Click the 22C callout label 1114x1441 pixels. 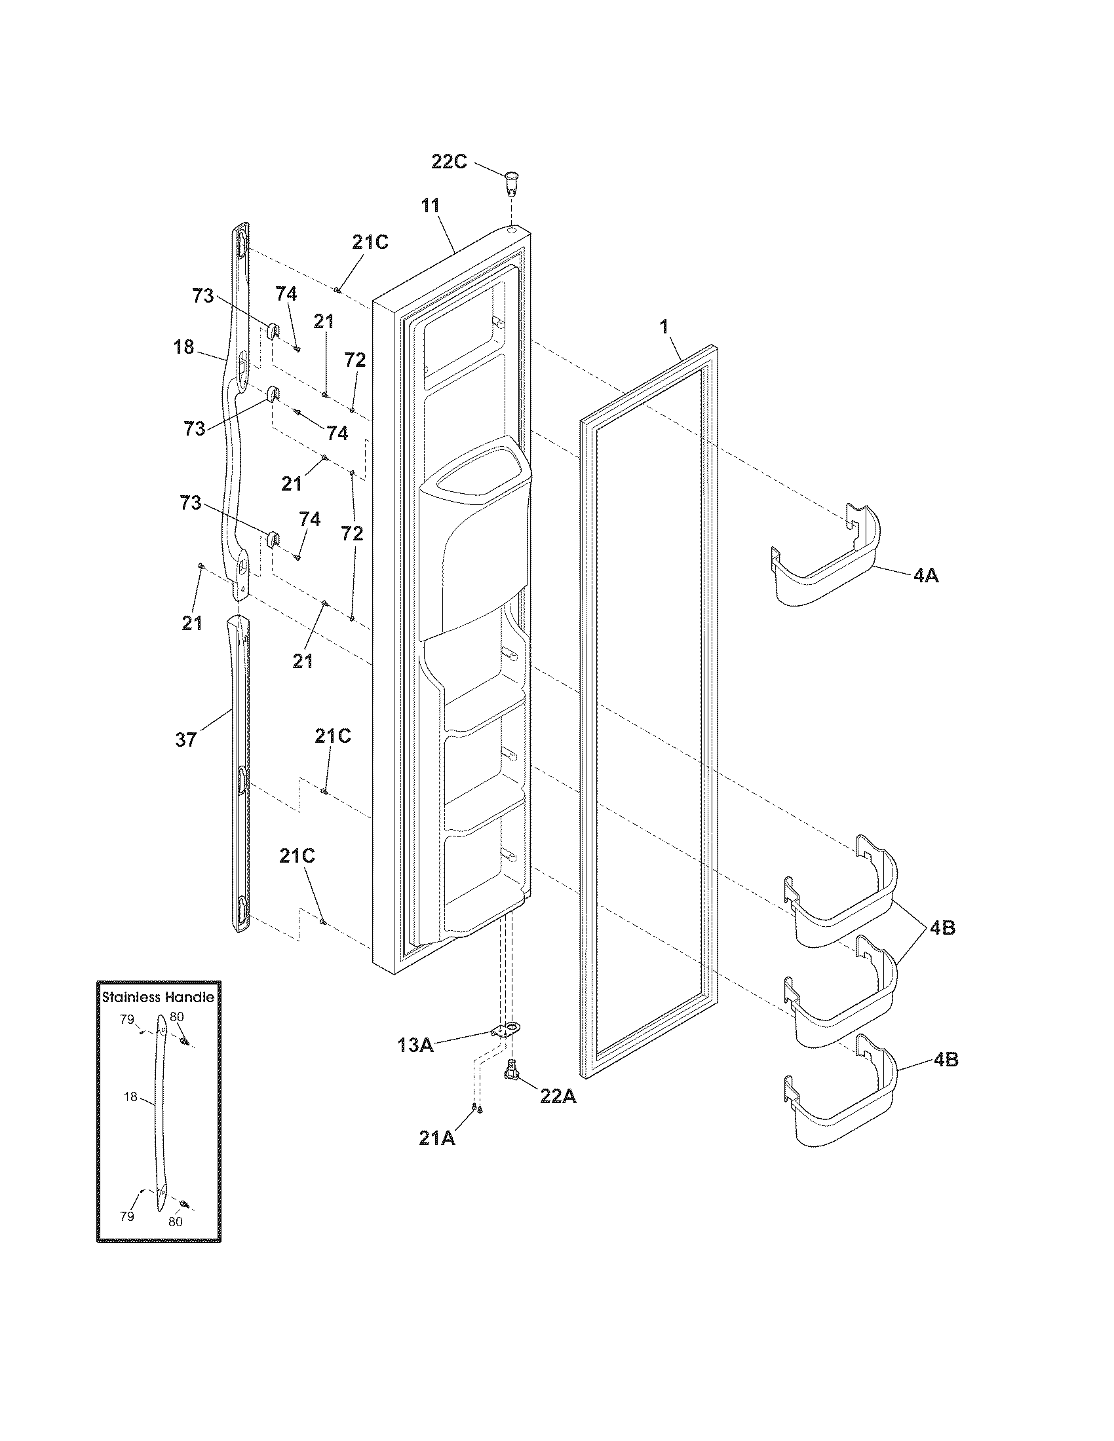[x=449, y=162]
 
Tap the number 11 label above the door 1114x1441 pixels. [x=431, y=205]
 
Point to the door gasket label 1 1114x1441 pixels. [x=664, y=326]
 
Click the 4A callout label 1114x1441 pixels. [x=926, y=576]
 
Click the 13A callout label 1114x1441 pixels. [x=415, y=1045]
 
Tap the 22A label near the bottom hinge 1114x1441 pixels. [x=558, y=1096]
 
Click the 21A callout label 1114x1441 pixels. [x=437, y=1138]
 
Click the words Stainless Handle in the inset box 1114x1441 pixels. [x=159, y=997]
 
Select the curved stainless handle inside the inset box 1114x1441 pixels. [x=160, y=1108]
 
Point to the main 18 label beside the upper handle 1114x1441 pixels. [x=184, y=346]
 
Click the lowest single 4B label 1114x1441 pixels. [x=946, y=1060]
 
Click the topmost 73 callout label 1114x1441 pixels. [x=203, y=296]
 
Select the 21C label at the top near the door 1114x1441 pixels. [x=370, y=242]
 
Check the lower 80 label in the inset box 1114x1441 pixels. [x=175, y=1222]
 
